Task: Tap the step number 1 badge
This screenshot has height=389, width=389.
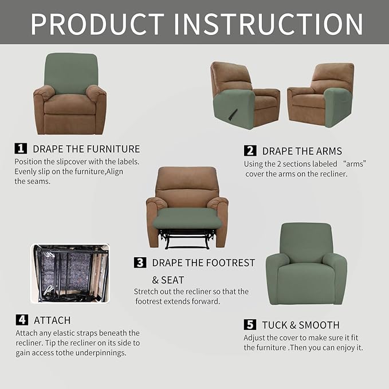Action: pyautogui.click(x=21, y=148)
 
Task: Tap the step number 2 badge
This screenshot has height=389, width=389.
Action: pyautogui.click(x=250, y=151)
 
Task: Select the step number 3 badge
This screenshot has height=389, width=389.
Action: pyautogui.click(x=140, y=263)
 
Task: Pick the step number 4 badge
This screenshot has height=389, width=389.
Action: pyautogui.click(x=21, y=320)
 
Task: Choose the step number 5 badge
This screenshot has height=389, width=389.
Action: pyautogui.click(x=250, y=325)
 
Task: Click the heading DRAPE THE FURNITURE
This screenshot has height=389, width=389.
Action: pyautogui.click(x=86, y=149)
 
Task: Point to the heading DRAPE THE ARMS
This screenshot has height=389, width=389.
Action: pyautogui.click(x=302, y=151)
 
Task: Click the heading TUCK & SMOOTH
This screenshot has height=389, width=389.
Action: pyautogui.click(x=301, y=325)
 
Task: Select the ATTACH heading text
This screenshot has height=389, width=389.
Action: pyautogui.click(x=52, y=320)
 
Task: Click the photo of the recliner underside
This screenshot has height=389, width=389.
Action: pyautogui.click(x=70, y=274)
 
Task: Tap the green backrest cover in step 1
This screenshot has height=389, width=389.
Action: pyautogui.click(x=71, y=72)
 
